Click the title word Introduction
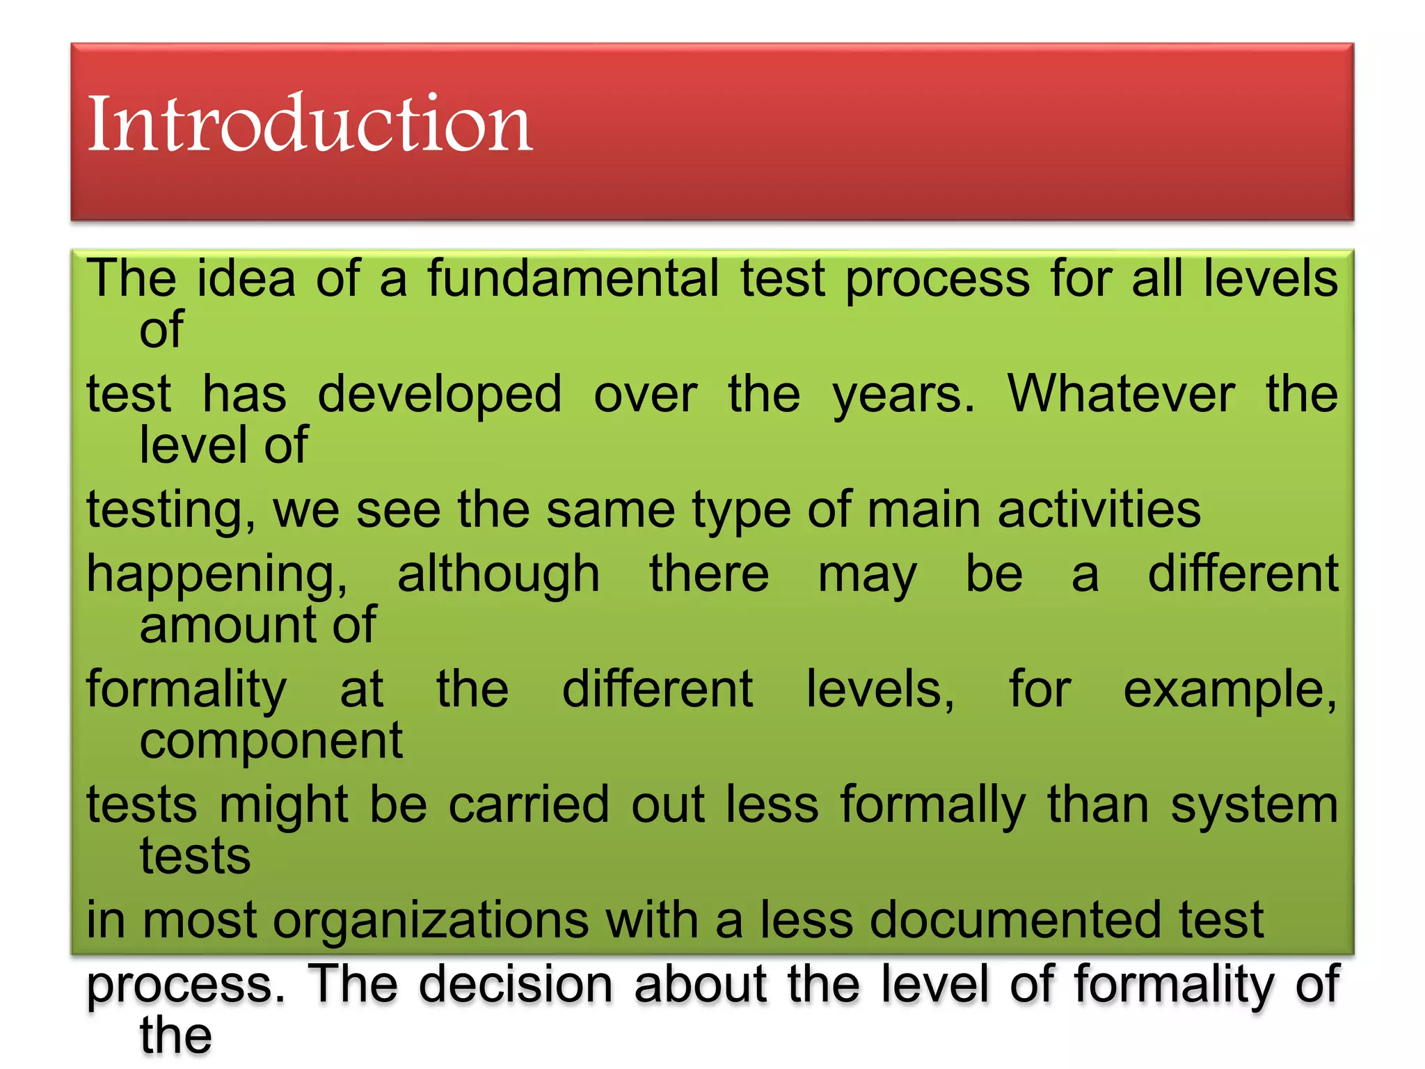click(310, 124)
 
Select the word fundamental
click(573, 278)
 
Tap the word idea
click(246, 278)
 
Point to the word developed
click(439, 394)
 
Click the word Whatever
click(1121, 394)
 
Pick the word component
click(271, 741)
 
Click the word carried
click(529, 805)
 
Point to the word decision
click(516, 984)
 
